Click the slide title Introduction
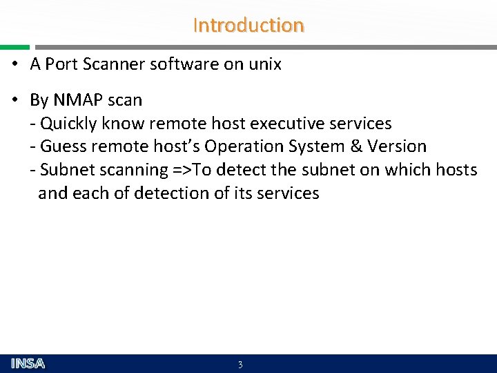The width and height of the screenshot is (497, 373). click(248, 26)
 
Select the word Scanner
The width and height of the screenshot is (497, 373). click(113, 65)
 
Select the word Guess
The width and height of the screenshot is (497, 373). click(62, 146)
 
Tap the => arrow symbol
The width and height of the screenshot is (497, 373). click(182, 170)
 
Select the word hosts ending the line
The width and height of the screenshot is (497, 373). click(456, 170)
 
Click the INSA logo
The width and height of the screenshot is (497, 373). click(28, 363)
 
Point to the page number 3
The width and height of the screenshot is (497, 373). click(240, 365)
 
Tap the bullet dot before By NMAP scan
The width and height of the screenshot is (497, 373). click(14, 100)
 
